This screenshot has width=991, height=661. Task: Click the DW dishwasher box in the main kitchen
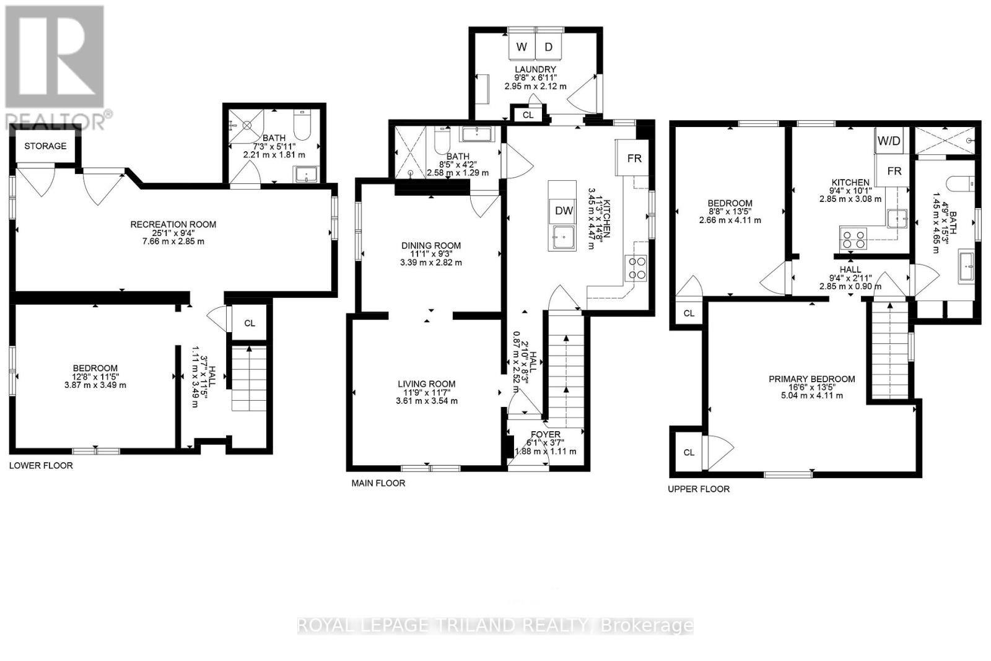[x=564, y=211]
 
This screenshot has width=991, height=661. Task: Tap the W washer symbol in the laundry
[x=522, y=46]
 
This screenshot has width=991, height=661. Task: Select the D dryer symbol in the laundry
[x=549, y=46]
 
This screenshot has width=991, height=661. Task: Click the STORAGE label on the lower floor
[x=45, y=146]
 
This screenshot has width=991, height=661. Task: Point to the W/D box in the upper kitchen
[x=889, y=141]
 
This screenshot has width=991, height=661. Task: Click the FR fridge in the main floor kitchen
[x=634, y=158]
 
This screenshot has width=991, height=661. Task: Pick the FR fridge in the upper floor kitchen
[x=894, y=171]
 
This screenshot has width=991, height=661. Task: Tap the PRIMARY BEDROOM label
[x=811, y=379]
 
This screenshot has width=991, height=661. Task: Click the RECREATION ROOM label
[x=173, y=224]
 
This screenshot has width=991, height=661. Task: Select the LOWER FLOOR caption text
[x=41, y=465]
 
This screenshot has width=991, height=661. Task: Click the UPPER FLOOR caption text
[x=699, y=489]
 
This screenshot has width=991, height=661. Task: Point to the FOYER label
[x=545, y=434]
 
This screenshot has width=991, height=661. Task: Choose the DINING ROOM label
[x=430, y=245]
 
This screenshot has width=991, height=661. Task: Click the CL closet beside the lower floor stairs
[x=250, y=323]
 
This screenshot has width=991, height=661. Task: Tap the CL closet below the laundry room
[x=528, y=115]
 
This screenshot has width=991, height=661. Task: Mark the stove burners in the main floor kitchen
[x=636, y=268]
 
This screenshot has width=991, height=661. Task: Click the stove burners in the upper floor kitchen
[x=853, y=238]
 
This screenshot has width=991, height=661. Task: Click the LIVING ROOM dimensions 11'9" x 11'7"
[x=427, y=392]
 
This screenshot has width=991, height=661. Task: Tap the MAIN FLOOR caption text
[x=378, y=483]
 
